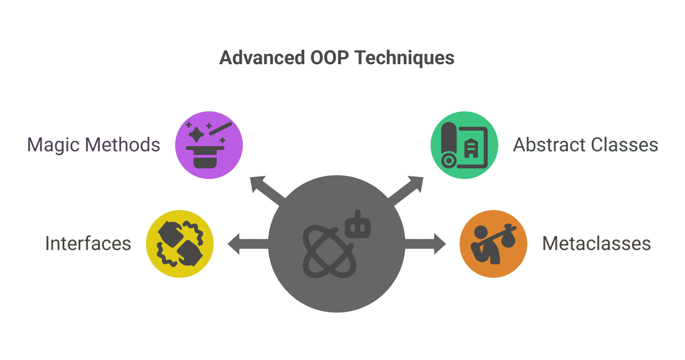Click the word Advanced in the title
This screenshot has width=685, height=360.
[x=262, y=57]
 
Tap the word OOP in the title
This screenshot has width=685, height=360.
[x=329, y=57]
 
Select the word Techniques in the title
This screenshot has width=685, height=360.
[x=404, y=58]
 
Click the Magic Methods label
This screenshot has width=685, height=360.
[x=94, y=145]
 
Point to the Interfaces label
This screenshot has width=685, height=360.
[x=88, y=244]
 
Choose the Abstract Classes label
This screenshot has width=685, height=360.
[x=586, y=145]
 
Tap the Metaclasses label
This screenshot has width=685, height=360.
[x=597, y=244]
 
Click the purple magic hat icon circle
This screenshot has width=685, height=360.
[x=209, y=145]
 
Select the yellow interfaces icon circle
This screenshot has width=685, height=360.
[x=180, y=244]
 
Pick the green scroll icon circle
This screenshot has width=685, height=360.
[x=464, y=145]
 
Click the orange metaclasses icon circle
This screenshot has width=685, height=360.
[x=493, y=244]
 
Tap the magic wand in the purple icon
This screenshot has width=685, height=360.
[x=220, y=128]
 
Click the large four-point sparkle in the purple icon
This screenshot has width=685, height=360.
[x=196, y=134]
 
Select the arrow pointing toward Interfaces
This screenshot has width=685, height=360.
[x=248, y=244]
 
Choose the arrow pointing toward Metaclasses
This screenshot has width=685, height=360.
[x=425, y=244]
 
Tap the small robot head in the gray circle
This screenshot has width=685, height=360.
[x=358, y=226]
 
